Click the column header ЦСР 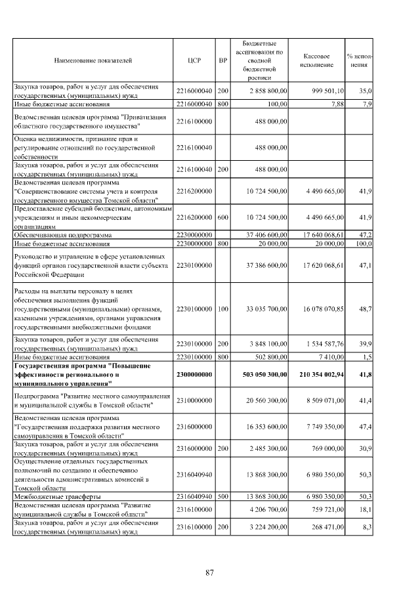[x=194, y=60]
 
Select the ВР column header [x=222, y=60]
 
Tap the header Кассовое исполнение [x=318, y=60]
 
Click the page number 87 [x=210, y=573]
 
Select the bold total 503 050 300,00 [x=261, y=373]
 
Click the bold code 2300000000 [x=194, y=373]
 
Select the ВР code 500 [x=222, y=496]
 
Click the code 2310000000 [x=194, y=400]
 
